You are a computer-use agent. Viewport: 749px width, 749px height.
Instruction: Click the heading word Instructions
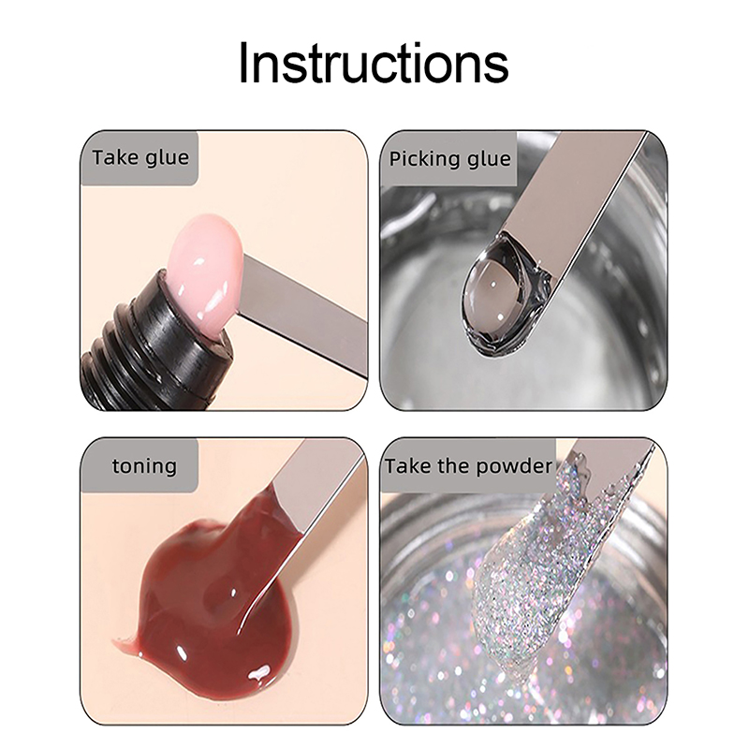click(x=373, y=63)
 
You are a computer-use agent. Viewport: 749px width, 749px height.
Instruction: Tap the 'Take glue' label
click(x=140, y=157)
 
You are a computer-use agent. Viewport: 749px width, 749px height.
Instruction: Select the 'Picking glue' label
click(x=449, y=159)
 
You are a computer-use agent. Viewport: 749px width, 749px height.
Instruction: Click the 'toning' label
click(x=144, y=465)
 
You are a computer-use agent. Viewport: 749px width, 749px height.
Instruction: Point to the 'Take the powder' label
click(x=469, y=465)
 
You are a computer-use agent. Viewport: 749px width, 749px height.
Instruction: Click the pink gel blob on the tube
click(x=205, y=277)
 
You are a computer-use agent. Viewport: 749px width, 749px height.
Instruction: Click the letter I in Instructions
click(x=243, y=63)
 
